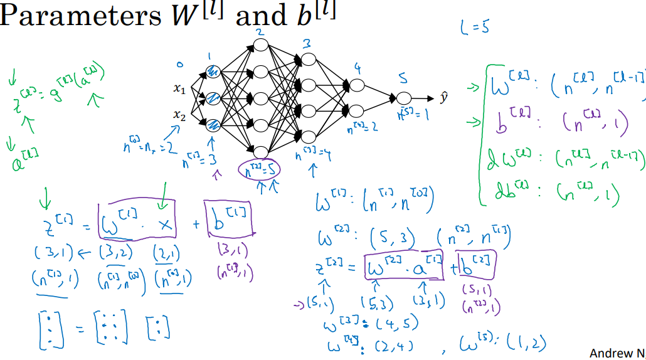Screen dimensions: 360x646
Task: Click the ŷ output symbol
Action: [443, 99]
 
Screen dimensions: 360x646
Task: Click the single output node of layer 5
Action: [403, 99]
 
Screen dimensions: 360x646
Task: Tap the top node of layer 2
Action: [260, 44]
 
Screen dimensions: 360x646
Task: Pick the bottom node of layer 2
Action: [260, 151]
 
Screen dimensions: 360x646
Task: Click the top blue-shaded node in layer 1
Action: [213, 72]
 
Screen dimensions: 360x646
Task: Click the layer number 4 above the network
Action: [357, 68]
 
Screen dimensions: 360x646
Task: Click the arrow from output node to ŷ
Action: [423, 99]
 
